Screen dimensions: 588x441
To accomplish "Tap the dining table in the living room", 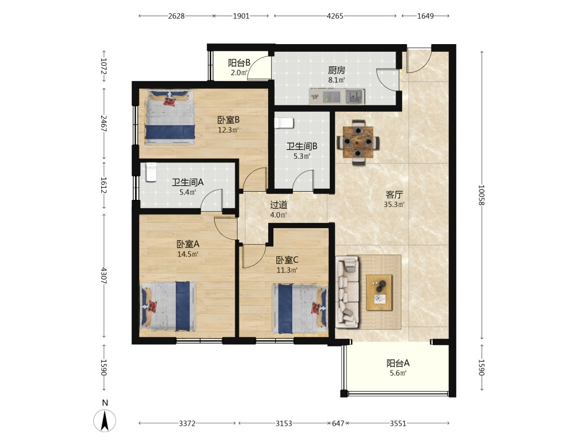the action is tap(358, 142).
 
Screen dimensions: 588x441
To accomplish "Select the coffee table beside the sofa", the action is tap(379, 292).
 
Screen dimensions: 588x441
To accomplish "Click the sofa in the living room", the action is tap(348, 292).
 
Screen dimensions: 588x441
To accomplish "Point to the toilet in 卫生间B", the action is tap(284, 123).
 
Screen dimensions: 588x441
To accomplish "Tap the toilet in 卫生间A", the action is tap(151, 172).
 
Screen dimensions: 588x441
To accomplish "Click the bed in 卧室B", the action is tap(171, 116).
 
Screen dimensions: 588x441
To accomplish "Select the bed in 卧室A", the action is tap(168, 306).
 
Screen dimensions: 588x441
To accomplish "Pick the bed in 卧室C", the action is tap(300, 309).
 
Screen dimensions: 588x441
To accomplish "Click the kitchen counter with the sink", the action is tap(336, 96).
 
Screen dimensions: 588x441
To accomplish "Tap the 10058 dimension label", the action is tap(482, 195).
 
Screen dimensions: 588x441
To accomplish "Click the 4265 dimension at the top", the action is tap(335, 16).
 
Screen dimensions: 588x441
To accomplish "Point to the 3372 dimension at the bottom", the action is tap(187, 423).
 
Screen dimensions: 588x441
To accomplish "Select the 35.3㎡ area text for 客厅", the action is tap(394, 205).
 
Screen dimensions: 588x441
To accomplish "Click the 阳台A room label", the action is tap(398, 363).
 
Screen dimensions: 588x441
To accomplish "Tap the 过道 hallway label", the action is tap(279, 205).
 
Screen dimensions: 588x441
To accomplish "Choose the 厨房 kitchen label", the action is tap(336, 70).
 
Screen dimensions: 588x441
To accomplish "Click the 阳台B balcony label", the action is tap(239, 63).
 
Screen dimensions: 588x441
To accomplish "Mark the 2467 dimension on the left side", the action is tap(104, 123).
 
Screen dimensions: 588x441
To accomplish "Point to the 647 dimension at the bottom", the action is tap(338, 423).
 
